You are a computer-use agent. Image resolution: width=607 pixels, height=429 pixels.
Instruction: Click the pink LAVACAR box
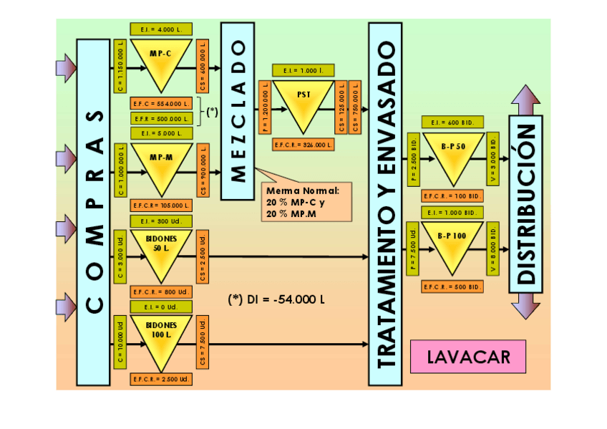click(468, 357)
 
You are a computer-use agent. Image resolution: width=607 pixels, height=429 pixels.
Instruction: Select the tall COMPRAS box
click(93, 211)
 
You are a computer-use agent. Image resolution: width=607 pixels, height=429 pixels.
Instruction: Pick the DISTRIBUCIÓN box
click(525, 204)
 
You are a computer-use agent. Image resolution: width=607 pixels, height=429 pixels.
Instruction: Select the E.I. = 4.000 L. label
click(160, 29)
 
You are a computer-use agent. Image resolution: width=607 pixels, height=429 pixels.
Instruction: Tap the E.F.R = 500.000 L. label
click(160, 118)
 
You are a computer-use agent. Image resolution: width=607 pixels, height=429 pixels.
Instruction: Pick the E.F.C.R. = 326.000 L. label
click(303, 145)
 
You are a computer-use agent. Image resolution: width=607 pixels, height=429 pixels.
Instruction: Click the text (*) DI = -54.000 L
click(276, 299)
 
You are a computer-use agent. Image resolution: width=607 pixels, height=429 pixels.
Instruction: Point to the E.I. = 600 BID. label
click(452, 122)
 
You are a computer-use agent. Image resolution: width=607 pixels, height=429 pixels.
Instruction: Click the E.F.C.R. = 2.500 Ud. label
click(160, 379)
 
